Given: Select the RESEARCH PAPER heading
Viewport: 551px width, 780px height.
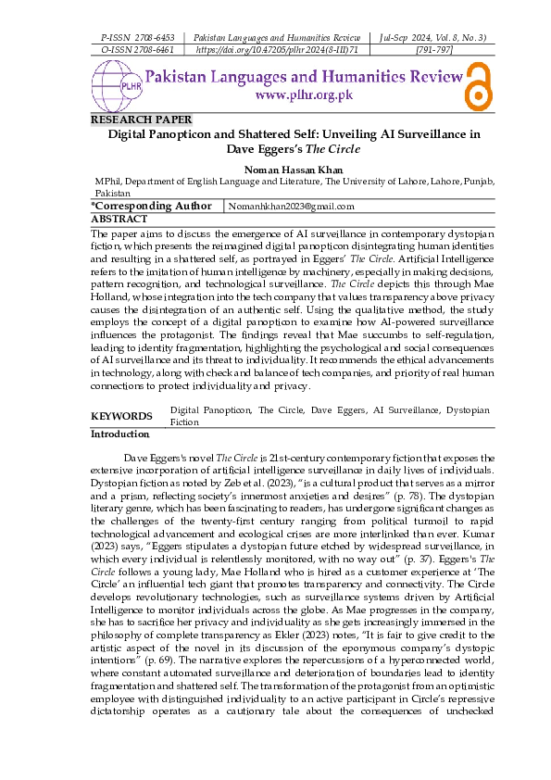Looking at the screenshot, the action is click(x=141, y=120).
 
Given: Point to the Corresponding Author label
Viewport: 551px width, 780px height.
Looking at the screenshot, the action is click(x=151, y=206).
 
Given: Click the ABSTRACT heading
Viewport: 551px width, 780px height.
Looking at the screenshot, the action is click(x=119, y=219).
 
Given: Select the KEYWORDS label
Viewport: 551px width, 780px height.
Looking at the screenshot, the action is click(x=121, y=416).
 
